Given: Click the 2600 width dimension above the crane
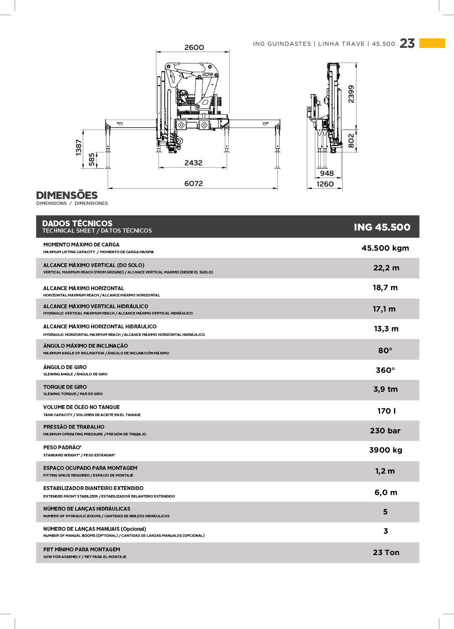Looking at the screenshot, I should pos(194,47).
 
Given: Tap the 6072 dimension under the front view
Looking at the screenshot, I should pos(193,183).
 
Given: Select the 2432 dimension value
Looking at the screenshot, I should pos(193,163).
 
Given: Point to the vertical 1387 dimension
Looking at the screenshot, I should pos(79,147).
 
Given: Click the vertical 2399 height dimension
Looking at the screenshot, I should pos(351,94).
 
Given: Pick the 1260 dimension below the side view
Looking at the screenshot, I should pos(325,184).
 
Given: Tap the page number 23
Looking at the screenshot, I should pos(407,44).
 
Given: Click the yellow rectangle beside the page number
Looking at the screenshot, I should pos(432,43).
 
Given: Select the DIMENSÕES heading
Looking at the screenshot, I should pos(67,195).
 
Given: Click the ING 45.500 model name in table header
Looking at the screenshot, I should pos(382,227).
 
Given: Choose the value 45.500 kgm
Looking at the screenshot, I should pos(385,248).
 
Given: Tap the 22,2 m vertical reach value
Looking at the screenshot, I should pos(386,268).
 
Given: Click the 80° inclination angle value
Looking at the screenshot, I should pos(385,350).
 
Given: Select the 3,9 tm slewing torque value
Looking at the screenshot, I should pos(385,389).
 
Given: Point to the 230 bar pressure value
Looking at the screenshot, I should pos(385,431).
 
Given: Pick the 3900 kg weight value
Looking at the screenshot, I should pos(385,450).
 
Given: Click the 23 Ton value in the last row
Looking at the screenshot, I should pos(386,553).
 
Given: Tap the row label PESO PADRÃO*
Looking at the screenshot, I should pos(63,448).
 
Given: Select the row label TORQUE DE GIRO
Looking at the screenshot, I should pos(65,387).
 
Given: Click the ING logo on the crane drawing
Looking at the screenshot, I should pos(208,74).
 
